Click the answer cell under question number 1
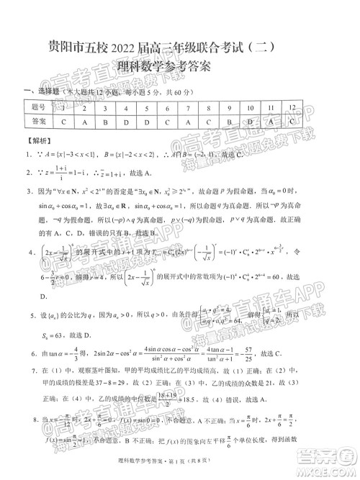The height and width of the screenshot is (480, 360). [x=64, y=122]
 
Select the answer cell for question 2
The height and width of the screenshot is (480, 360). [x=85, y=122]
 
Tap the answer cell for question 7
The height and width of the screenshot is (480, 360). [x=188, y=122]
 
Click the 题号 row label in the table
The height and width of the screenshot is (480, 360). [x=39, y=108]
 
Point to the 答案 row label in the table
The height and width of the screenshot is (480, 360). [x=39, y=122]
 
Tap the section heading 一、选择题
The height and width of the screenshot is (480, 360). [x=41, y=92]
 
